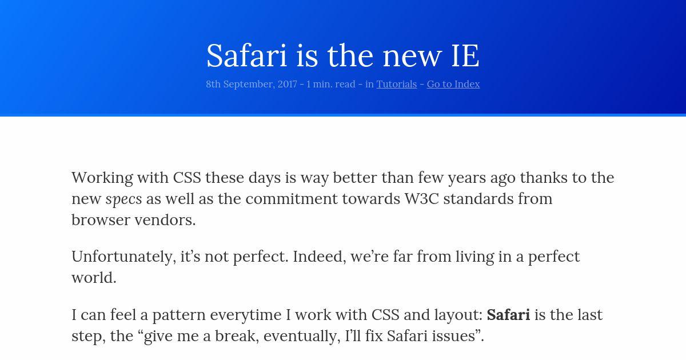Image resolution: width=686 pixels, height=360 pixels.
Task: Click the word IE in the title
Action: [465, 56]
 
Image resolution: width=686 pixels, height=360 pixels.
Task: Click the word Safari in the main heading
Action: [247, 55]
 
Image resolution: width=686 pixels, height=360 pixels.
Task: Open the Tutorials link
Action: [397, 84]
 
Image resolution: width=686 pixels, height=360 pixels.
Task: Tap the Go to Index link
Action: [453, 84]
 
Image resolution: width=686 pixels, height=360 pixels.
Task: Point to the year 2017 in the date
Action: [287, 84]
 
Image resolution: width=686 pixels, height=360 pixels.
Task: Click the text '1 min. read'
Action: [331, 84]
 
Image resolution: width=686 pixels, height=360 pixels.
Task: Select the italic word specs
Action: [123, 199]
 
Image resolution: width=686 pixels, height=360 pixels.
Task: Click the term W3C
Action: [422, 199]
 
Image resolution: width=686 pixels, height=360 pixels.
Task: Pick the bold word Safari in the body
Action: [508, 315]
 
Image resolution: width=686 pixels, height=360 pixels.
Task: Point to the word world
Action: [94, 278]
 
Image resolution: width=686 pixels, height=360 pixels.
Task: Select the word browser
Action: [101, 220]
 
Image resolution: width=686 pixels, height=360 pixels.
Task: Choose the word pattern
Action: [179, 315]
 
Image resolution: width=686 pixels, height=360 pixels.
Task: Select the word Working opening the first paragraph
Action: [102, 178]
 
